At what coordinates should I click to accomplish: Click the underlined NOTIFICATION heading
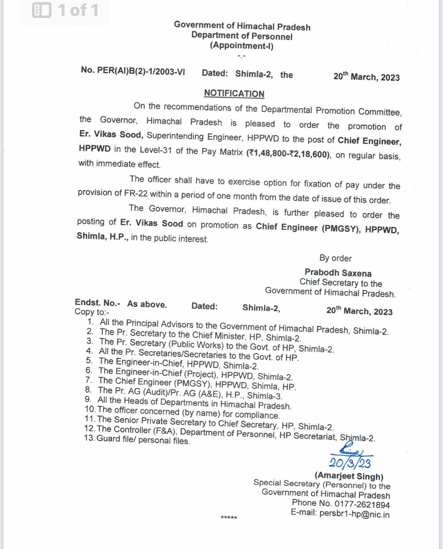click(x=234, y=94)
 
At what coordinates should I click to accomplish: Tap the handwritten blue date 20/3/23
click(x=350, y=463)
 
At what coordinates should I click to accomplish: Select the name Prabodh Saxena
click(x=338, y=273)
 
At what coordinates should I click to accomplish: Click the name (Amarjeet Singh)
click(x=349, y=476)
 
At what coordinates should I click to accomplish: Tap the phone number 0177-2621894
click(x=362, y=504)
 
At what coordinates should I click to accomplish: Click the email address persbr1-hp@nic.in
click(x=354, y=514)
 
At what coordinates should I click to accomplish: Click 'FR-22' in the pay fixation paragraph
click(x=136, y=193)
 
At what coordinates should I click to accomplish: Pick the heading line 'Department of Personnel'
click(x=242, y=36)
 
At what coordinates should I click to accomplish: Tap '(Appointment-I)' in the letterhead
click(x=242, y=46)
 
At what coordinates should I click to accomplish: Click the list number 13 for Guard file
click(x=89, y=438)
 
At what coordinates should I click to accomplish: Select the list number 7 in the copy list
click(x=89, y=380)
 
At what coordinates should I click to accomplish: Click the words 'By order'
click(x=335, y=258)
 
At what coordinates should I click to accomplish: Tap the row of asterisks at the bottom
click(x=229, y=518)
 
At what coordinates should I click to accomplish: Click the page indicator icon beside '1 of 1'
click(x=42, y=10)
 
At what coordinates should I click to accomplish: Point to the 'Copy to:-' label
click(x=92, y=312)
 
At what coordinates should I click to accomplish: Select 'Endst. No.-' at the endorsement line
click(x=97, y=302)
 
